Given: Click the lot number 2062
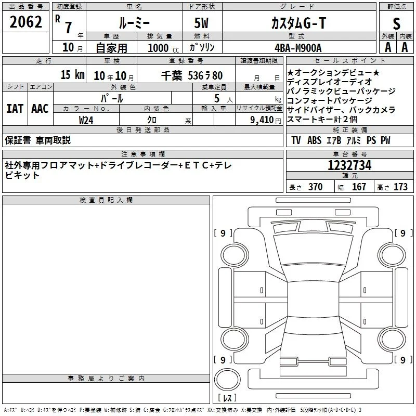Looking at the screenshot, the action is pos(25,22).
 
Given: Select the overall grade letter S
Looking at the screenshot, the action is pos(396,23).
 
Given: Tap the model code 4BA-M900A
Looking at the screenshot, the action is pos(298,48).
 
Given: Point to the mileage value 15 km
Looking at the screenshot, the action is pos(72,74).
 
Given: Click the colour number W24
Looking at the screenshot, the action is pos(86,120).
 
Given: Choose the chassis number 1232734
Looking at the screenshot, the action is pos(349,165).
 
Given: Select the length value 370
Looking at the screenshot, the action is pos(315,187).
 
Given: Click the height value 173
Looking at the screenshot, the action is pos(400,187).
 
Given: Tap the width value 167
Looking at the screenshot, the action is pos(359,187).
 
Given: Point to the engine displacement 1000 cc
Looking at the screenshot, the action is pos(163,48).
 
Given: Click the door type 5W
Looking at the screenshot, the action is pos(201,23).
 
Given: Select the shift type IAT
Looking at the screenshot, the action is pos(15,109).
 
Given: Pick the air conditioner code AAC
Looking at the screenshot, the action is pos(40,109).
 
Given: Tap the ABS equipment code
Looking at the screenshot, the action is pos(314,140).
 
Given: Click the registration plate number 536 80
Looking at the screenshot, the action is pos(205,75).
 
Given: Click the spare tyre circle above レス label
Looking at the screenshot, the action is pos(227,380).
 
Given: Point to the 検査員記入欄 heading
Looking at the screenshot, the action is pos(106,200).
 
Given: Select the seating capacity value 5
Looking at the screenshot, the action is pos(217,98).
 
